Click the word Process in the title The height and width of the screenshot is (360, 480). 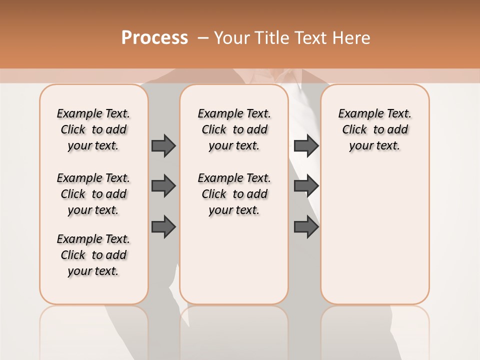[x=154, y=37]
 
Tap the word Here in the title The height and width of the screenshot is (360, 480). [x=352, y=38]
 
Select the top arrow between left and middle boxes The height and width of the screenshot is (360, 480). [x=163, y=145]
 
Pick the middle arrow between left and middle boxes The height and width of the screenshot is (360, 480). [x=163, y=186]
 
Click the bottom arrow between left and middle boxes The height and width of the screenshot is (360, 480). [x=163, y=227]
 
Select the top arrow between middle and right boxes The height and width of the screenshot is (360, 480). [x=306, y=145]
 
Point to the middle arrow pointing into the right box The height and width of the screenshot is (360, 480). [x=306, y=186]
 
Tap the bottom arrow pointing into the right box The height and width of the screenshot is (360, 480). [x=306, y=227]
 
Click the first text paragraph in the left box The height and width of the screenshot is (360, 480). [x=93, y=129]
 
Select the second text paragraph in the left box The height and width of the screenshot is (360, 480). [x=93, y=194]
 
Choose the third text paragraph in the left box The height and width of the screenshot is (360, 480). [x=93, y=255]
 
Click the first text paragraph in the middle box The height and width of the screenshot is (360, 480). [x=234, y=129]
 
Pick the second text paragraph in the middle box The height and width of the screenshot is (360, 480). [x=234, y=194]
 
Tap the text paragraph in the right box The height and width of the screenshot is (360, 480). [x=374, y=129]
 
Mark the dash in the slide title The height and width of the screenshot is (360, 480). [x=203, y=37]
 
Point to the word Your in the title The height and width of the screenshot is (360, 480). [x=232, y=38]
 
